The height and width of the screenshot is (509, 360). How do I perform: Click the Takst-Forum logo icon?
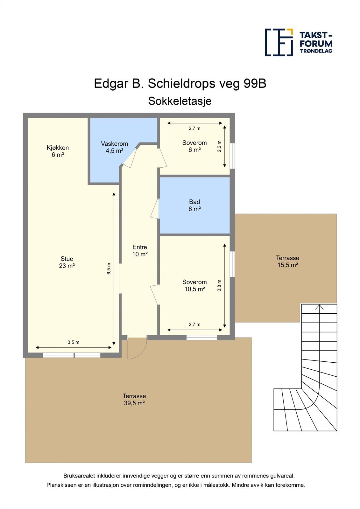279,42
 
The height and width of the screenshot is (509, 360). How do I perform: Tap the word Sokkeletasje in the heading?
180,101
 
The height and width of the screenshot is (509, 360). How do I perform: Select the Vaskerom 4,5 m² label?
115,147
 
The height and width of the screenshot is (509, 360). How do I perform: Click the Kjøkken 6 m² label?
58,151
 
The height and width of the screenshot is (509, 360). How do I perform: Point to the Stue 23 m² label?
67,262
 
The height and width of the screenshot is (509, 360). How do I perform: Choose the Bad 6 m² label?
194,206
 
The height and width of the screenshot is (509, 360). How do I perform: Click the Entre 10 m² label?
140,251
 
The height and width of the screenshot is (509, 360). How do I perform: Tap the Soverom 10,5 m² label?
194,286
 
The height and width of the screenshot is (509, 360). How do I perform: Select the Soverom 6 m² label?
194,146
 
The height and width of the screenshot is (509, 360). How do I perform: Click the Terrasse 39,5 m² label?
134,400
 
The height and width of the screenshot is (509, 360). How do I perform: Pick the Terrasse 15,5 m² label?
287,261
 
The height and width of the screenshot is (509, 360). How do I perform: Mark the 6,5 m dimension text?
109,269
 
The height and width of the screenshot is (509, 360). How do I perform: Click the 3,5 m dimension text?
74,342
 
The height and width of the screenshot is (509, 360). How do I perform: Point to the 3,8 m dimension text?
219,285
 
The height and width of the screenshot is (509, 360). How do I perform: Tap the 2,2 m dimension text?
219,146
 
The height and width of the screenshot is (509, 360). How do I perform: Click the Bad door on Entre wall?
155,209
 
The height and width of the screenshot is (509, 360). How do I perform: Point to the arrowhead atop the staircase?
320,307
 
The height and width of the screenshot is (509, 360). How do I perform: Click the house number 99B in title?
255,84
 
